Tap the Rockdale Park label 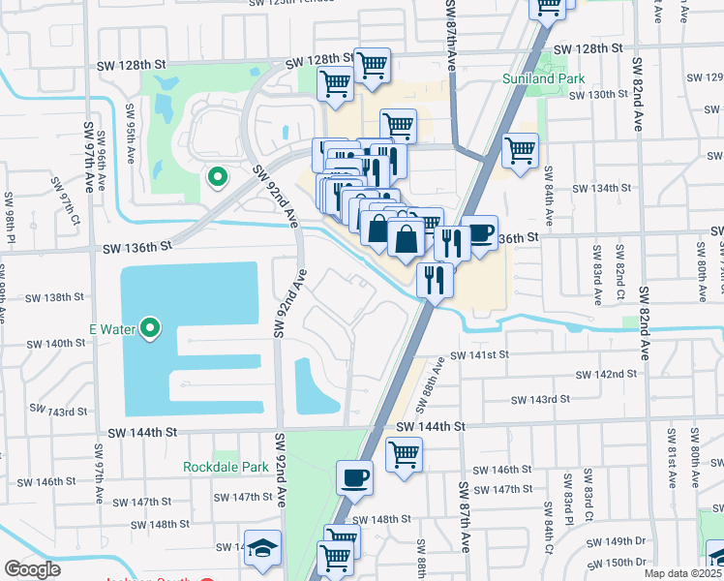click(226, 467)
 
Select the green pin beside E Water click(150, 330)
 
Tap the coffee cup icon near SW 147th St click(354, 477)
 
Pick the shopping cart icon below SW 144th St click(404, 453)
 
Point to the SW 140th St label click(56, 344)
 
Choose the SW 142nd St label click(607, 374)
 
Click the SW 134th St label click(601, 188)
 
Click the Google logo click(33, 569)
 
